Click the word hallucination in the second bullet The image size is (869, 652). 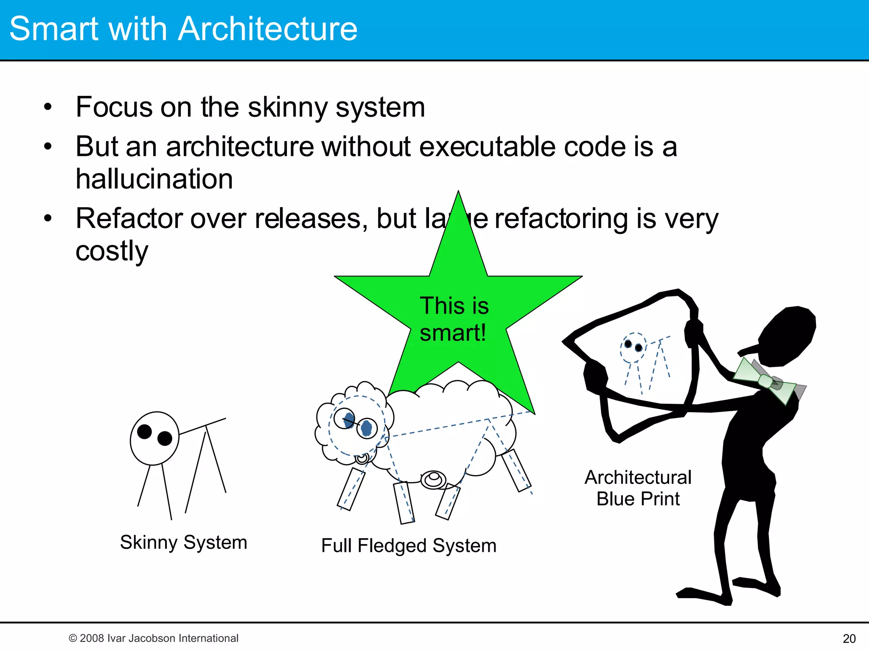pos(154,179)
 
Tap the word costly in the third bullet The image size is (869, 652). pos(112,251)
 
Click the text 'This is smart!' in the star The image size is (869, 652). pos(454,319)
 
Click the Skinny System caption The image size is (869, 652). pos(183,542)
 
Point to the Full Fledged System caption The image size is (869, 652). pos(409,545)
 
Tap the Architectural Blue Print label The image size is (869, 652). pos(638,488)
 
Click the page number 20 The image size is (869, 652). pos(849,638)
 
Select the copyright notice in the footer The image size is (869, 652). pos(154,638)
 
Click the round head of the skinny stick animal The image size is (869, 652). pos(154,438)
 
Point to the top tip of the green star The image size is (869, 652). pos(458,194)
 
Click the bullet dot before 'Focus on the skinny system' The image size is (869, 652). pos(48,107)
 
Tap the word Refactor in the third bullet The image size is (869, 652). pos(129,219)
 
